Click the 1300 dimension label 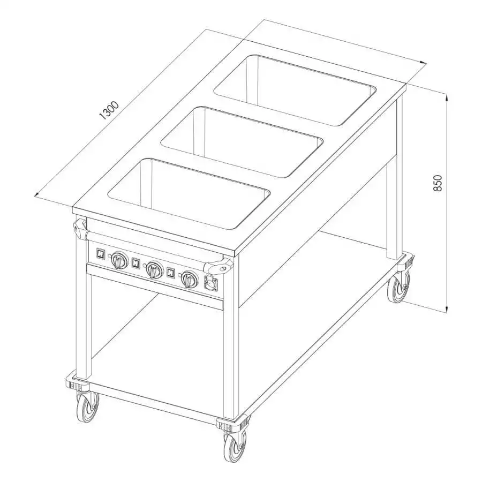tap(108, 110)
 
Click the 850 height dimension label tap(438, 184)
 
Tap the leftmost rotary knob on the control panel tap(118, 261)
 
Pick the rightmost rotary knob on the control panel tap(189, 279)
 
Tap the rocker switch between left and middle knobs tap(136, 263)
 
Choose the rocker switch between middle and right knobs tap(171, 273)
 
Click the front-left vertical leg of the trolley tap(83, 321)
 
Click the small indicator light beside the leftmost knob tap(110, 255)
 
